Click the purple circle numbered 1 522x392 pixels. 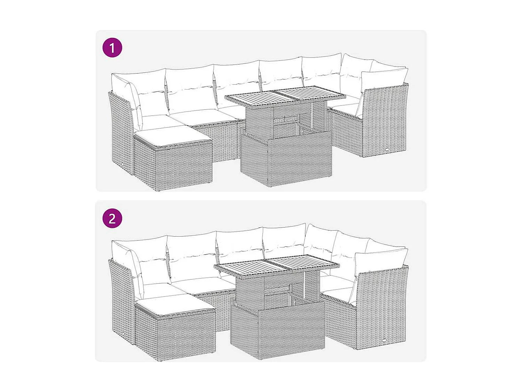[112, 48]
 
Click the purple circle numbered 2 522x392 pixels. [112, 218]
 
